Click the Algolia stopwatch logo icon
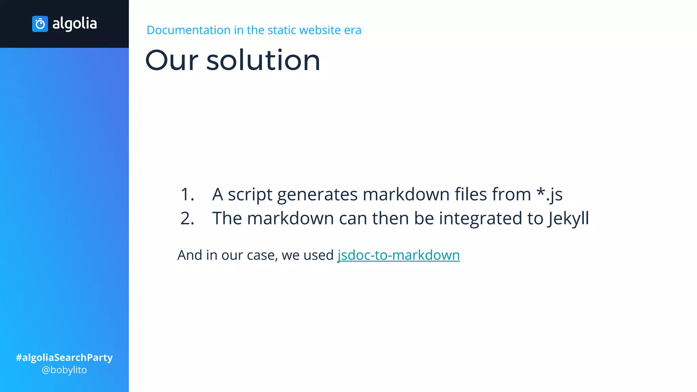click(40, 24)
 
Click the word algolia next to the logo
click(75, 24)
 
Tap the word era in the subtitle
click(353, 30)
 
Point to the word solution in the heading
click(263, 60)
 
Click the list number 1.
click(187, 194)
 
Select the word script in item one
click(250, 195)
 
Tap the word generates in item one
click(317, 195)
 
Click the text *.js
click(549, 194)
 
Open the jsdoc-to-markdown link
click(398, 255)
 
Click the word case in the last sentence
click(262, 255)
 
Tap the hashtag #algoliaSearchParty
click(64, 357)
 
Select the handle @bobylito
click(64, 370)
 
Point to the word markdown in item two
click(290, 218)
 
